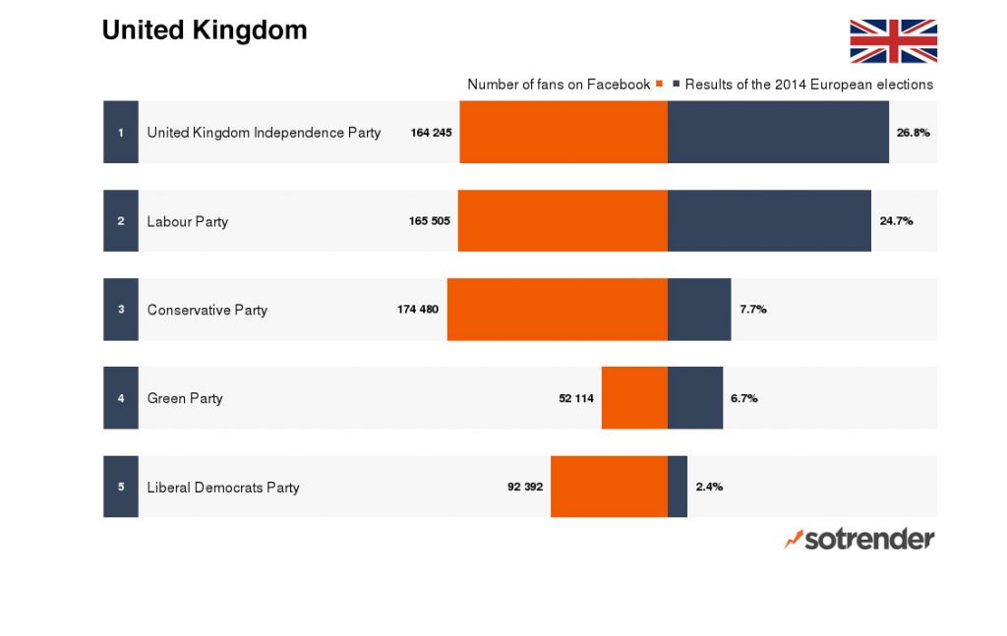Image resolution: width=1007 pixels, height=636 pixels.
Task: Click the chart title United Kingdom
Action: click(x=205, y=30)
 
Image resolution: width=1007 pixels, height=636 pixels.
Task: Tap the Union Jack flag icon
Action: click(x=893, y=41)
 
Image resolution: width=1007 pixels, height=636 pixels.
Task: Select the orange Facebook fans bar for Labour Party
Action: click(x=563, y=220)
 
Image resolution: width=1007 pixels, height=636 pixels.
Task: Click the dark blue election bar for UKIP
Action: click(x=778, y=132)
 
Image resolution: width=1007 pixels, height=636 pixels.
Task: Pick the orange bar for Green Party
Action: click(x=634, y=398)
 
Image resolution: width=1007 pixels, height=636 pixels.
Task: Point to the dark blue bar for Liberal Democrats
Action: click(x=678, y=487)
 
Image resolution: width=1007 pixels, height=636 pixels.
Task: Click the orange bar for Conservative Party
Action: click(x=558, y=310)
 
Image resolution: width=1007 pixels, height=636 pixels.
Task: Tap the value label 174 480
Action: click(x=418, y=310)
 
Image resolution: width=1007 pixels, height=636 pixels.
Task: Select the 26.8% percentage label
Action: click(x=913, y=132)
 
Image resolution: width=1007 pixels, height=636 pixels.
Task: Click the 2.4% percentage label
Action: click(x=709, y=487)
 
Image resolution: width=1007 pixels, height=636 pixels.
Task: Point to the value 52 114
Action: click(x=576, y=398)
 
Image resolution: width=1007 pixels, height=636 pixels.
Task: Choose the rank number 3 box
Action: click(x=121, y=310)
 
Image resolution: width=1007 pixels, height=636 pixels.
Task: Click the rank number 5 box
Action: click(x=121, y=487)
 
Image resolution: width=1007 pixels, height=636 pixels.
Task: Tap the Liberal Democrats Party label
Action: click(x=223, y=488)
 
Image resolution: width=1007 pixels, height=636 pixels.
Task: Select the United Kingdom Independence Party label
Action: click(x=264, y=133)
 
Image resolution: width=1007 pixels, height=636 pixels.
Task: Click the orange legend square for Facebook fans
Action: click(x=659, y=85)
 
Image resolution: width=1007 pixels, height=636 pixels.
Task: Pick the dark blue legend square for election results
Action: click(x=677, y=85)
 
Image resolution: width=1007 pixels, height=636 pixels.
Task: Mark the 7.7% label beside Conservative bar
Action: click(x=753, y=310)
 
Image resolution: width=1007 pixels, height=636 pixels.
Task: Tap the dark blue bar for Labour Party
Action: click(x=769, y=220)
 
